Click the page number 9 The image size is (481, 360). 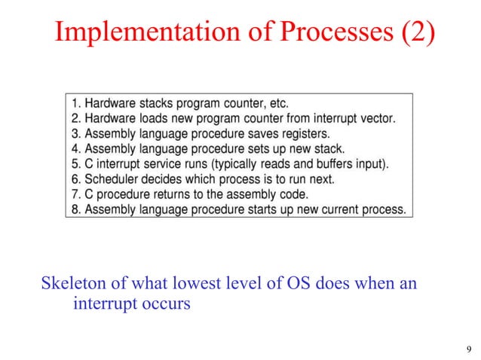[x=469, y=348]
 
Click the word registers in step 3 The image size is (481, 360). [x=290, y=133]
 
